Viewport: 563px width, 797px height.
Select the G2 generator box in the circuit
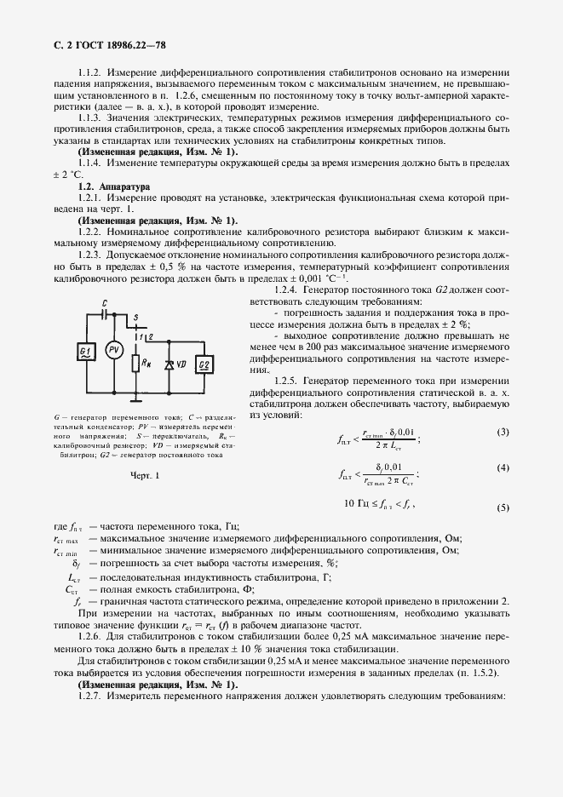pyautogui.click(x=204, y=365)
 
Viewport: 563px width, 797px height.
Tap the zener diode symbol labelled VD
pyautogui.click(x=169, y=364)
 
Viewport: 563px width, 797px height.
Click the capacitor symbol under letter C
pyautogui.click(x=104, y=312)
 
